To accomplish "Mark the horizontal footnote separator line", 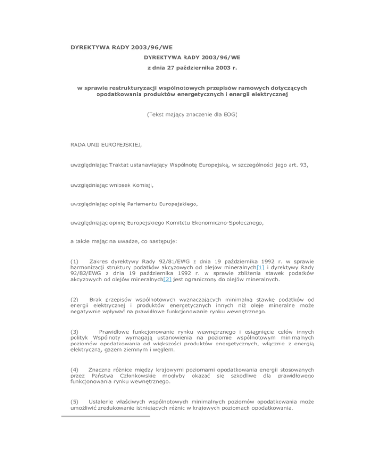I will pyautogui.click(x=106, y=416).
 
